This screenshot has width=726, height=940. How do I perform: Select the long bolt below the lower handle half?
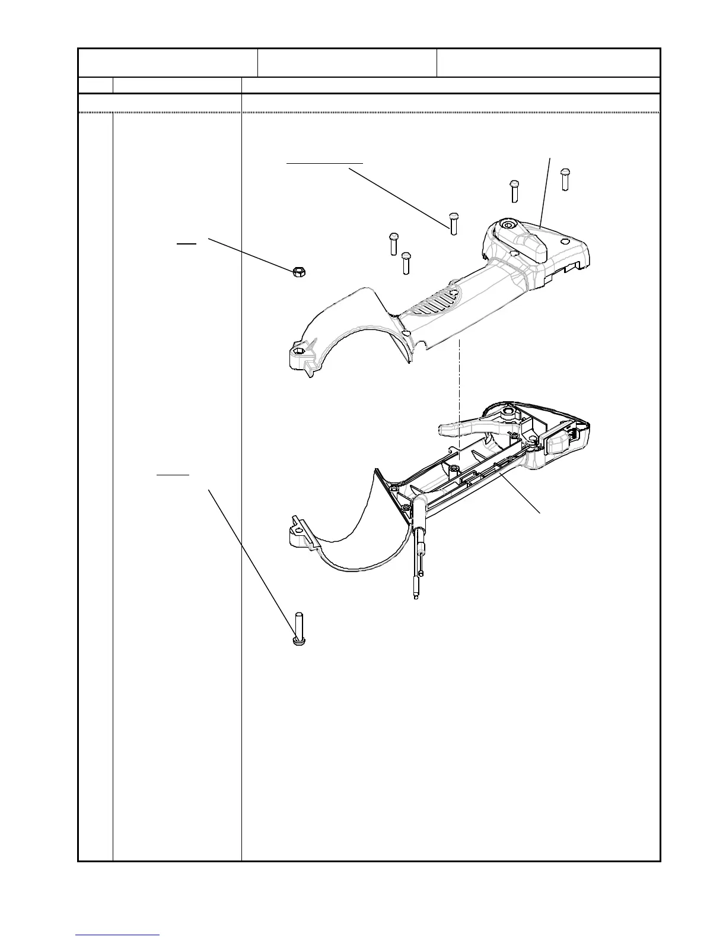298,629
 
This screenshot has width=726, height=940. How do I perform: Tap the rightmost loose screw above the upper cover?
565,179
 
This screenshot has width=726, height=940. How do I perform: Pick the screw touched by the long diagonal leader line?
454,223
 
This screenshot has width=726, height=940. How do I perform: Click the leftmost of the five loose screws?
393,243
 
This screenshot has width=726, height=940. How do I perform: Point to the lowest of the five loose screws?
406,263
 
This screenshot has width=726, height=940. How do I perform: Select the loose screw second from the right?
515,190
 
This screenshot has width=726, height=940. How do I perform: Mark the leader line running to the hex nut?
249,254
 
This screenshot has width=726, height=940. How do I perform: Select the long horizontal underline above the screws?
324,161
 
